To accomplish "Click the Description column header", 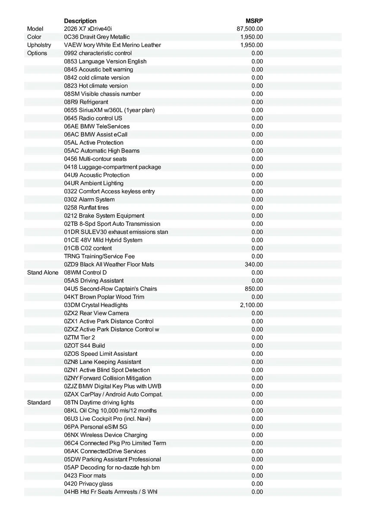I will click(80, 21).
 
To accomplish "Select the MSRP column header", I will click(254, 21).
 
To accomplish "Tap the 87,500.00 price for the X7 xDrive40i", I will click(250, 29).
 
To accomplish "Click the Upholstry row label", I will click(39, 45).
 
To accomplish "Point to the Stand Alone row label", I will click(43, 272).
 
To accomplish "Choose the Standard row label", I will click(39, 402).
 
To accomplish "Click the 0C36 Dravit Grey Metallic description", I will click(97, 37).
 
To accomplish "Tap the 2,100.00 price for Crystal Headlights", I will click(251, 305).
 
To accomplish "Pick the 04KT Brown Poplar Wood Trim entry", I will click(104, 297).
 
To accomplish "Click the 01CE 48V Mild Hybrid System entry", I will click(103, 240).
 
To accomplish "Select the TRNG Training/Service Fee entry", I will click(100, 256).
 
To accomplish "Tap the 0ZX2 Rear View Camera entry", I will click(96, 313).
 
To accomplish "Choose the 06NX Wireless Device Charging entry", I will click(106, 435).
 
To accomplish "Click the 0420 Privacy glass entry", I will click(88, 483).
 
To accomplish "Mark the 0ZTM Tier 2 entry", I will click(79, 338).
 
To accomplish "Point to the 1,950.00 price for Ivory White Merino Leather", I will click(251, 45).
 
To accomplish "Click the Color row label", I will click(34, 37).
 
